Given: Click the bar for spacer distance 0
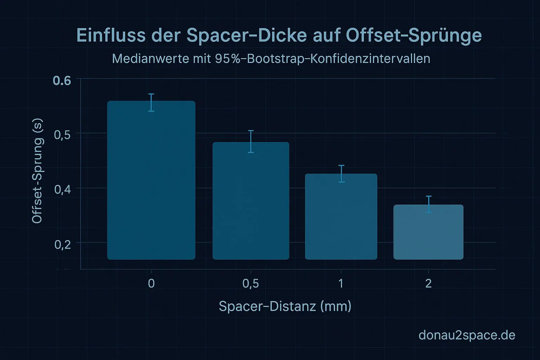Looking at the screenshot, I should click(x=151, y=180).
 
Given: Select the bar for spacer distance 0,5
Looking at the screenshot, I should click(x=251, y=201).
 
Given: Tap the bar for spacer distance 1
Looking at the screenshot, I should click(x=341, y=217).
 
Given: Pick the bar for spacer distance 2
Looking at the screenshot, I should click(x=428, y=232).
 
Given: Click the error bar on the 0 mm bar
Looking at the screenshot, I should click(x=151, y=103).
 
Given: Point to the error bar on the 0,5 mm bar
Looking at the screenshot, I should click(x=251, y=141).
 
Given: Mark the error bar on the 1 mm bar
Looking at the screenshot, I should click(x=341, y=174).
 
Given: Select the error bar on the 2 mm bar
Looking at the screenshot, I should click(x=429, y=204).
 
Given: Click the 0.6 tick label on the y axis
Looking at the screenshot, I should click(x=62, y=81).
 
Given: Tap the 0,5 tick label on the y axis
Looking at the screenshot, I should click(x=63, y=135).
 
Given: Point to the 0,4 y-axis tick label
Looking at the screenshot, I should click(x=63, y=189).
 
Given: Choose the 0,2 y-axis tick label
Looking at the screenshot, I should click(x=63, y=244).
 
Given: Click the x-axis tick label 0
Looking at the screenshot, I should click(x=151, y=283).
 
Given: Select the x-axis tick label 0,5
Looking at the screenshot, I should click(x=251, y=283).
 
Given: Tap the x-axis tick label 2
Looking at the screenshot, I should click(x=428, y=283).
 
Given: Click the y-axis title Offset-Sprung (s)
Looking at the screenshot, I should click(x=37, y=171).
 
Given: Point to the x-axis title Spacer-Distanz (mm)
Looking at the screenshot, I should click(x=285, y=306).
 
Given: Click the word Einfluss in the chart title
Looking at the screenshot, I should click(x=111, y=36).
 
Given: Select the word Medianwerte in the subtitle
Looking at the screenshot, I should click(x=150, y=59).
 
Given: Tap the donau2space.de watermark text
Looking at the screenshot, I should click(x=467, y=335).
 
